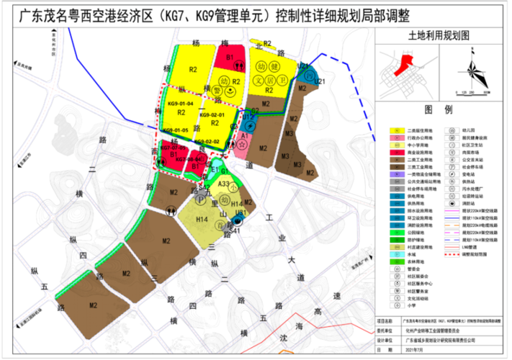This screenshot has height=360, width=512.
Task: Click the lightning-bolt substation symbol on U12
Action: [x=247, y=120]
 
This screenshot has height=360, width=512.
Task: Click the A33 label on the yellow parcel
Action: [x=224, y=184]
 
